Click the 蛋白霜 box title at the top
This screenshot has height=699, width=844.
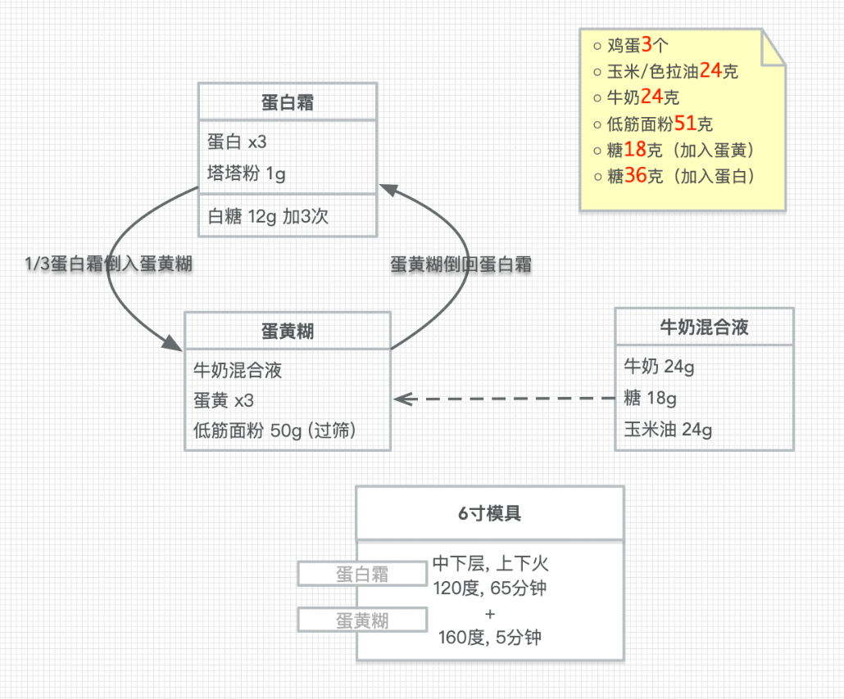point(287,103)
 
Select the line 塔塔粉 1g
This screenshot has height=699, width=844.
point(247,174)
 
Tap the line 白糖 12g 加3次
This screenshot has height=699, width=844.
point(269,216)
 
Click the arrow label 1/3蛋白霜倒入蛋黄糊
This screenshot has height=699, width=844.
point(110,264)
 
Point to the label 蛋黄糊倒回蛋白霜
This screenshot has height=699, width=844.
point(461,264)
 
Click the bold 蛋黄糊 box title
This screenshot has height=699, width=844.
point(287,331)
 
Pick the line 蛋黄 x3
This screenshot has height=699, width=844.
point(224,400)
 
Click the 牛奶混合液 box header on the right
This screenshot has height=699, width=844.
point(704,327)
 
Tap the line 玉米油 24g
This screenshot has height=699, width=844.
point(668,429)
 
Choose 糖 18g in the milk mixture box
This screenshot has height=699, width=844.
point(650,398)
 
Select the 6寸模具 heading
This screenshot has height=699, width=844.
point(489,514)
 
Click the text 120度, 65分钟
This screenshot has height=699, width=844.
point(490,588)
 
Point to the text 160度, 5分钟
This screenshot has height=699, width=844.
point(490,637)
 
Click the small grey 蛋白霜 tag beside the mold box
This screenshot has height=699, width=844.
point(362,574)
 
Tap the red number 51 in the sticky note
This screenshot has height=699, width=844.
point(684,124)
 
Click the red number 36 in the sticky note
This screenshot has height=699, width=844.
point(636,176)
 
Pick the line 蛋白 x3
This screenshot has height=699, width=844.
point(237,142)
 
